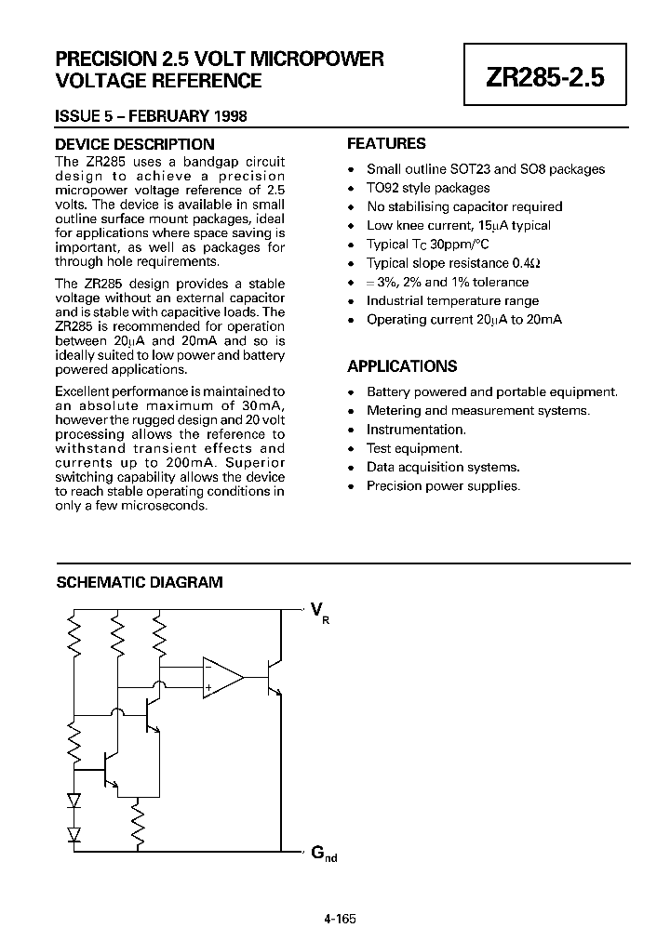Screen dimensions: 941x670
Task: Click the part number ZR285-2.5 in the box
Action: [544, 78]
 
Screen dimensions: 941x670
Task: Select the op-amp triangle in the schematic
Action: [221, 677]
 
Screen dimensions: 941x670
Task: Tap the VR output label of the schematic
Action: [317, 612]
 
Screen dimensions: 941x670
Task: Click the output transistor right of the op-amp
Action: [273, 677]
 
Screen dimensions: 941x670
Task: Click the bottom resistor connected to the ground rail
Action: [138, 824]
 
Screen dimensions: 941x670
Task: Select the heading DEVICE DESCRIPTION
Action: [134, 144]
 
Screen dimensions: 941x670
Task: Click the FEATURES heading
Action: [386, 144]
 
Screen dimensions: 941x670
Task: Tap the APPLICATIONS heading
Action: [402, 366]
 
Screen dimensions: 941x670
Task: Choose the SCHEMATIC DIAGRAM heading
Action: [140, 583]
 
